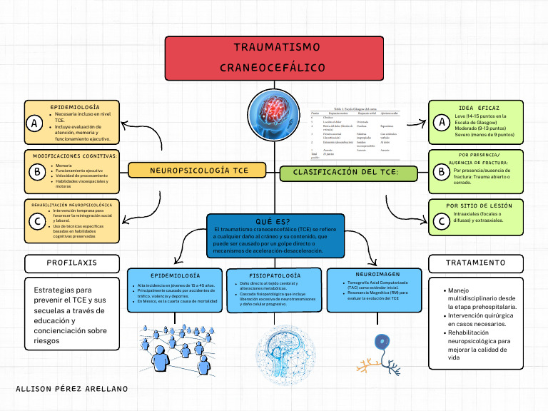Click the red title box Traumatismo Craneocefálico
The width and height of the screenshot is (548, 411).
(x=274, y=57)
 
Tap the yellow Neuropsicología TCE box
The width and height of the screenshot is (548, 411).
(x=199, y=171)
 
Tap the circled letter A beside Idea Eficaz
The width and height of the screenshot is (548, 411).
(x=442, y=123)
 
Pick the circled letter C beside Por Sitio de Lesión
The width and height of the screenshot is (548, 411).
(x=442, y=221)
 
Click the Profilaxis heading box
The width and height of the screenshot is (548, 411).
(x=71, y=263)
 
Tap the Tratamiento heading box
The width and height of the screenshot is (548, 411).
(x=475, y=263)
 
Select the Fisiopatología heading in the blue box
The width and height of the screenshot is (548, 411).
(x=275, y=275)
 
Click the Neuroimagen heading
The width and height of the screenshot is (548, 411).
(x=373, y=274)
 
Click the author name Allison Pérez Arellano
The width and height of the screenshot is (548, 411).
(x=71, y=389)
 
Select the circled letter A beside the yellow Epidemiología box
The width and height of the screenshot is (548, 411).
(x=34, y=123)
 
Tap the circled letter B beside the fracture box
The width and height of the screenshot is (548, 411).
(x=442, y=171)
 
